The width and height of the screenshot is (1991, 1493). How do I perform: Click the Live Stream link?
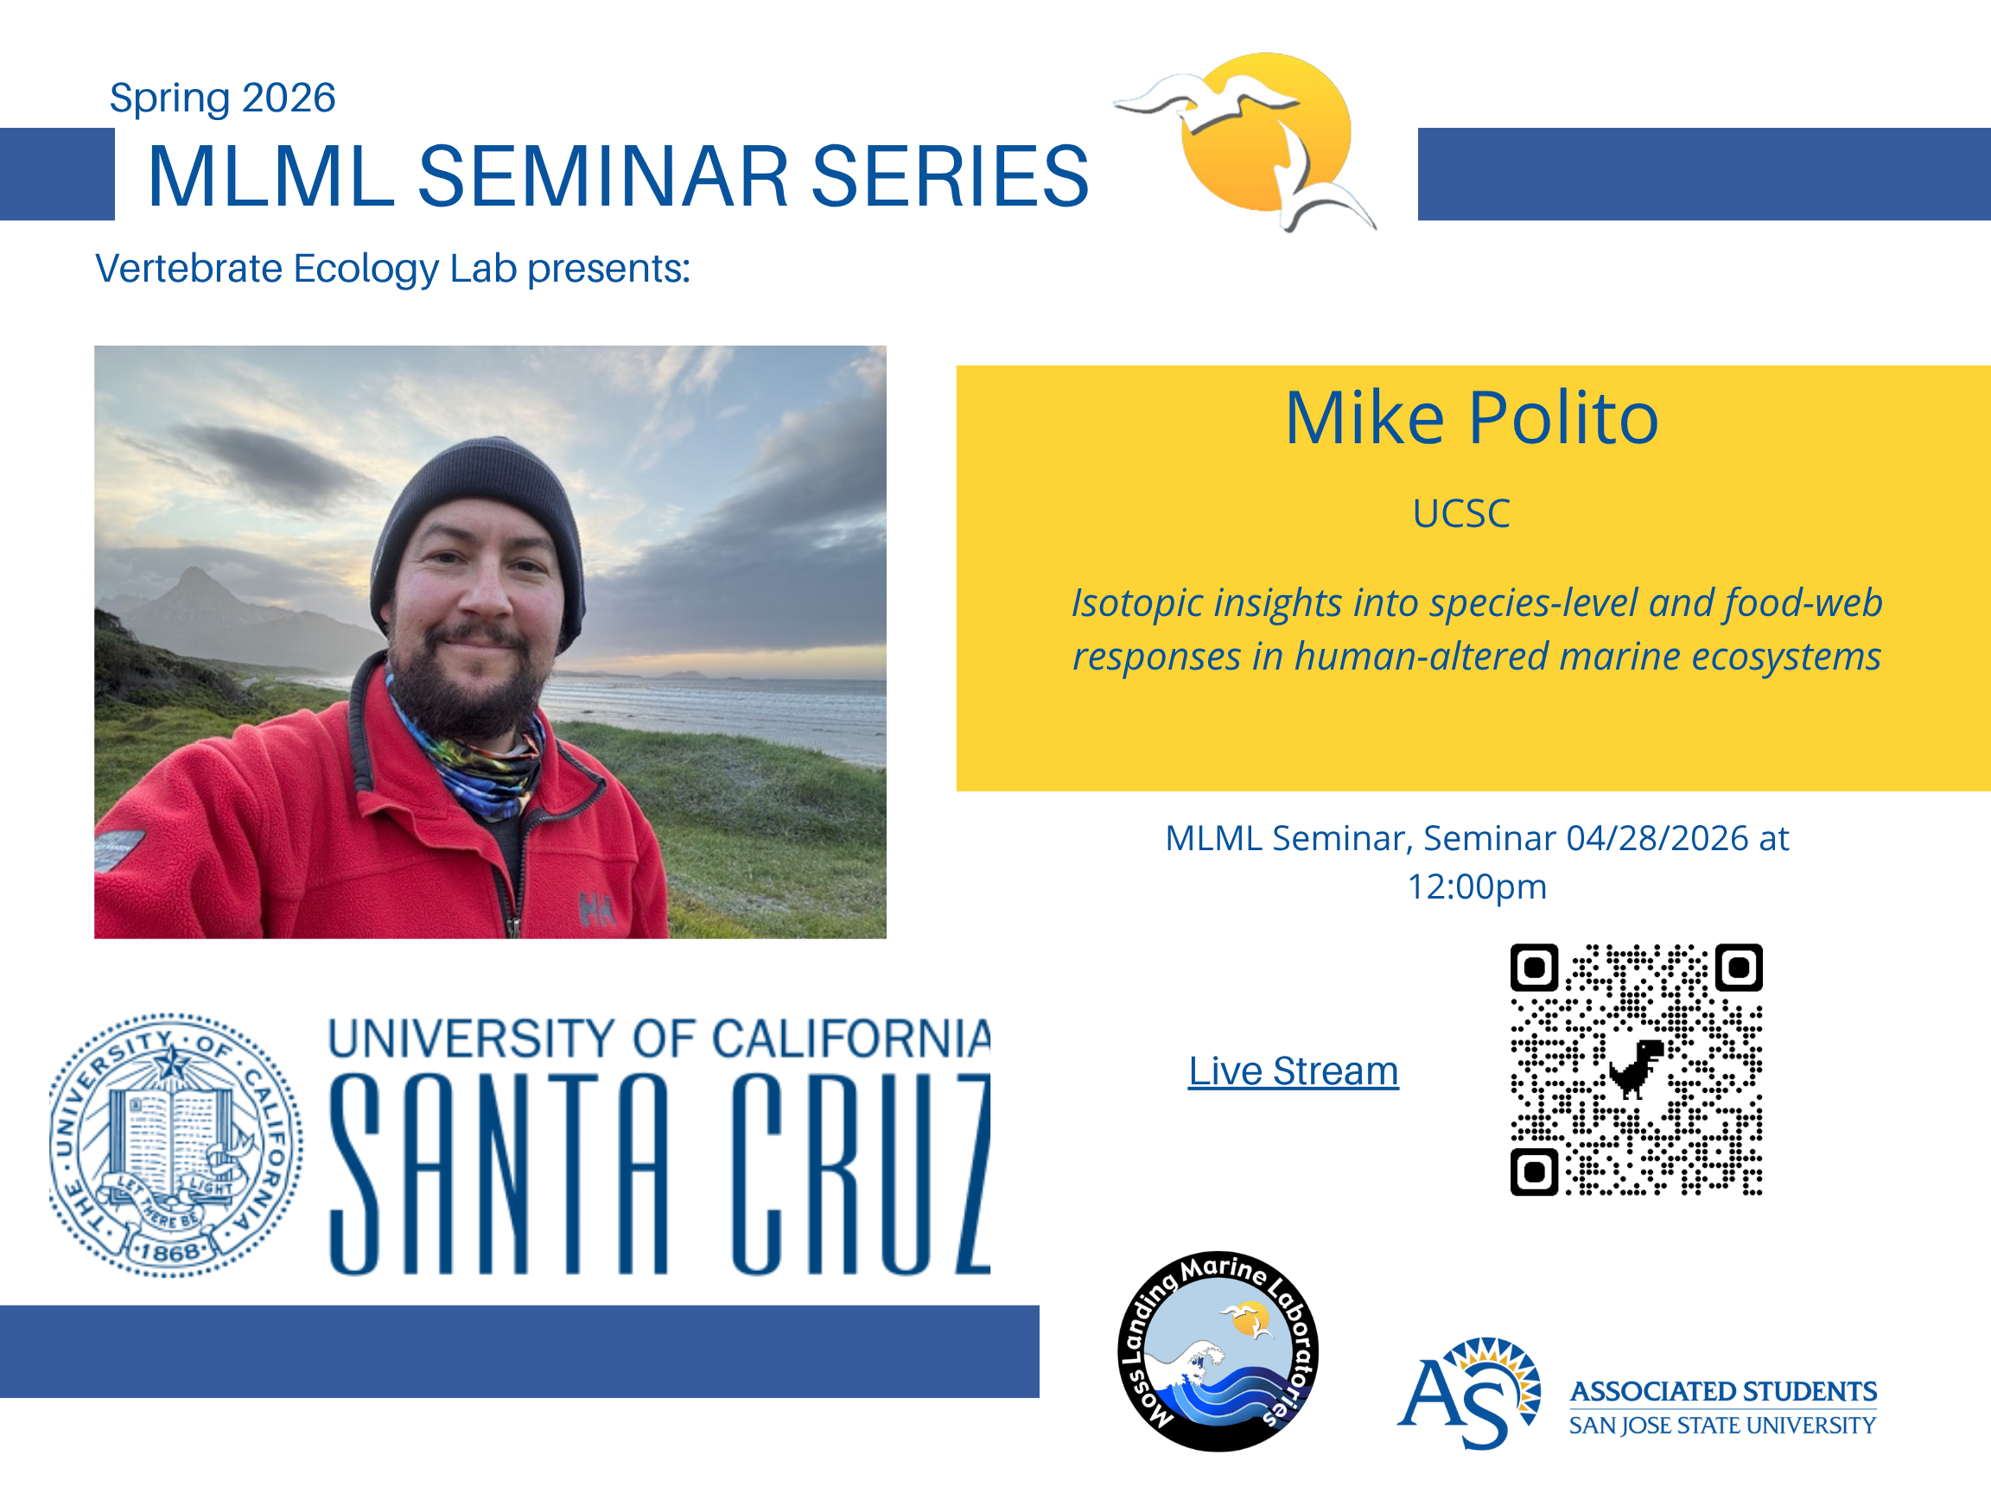tap(1293, 1071)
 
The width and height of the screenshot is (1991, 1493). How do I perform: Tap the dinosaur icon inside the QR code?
tap(1637, 1069)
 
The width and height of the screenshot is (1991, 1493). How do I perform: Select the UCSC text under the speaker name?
tap(1461, 514)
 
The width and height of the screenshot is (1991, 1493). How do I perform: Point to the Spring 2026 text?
tap(222, 97)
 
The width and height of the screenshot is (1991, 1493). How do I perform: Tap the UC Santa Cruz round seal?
tap(175, 1144)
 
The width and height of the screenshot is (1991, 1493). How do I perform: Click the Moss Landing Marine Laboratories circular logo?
tap(1218, 1350)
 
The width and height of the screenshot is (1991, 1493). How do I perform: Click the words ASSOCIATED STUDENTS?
tap(1723, 1391)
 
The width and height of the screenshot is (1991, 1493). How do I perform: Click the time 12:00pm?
tap(1477, 886)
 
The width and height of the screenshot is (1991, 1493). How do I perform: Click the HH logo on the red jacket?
tap(598, 911)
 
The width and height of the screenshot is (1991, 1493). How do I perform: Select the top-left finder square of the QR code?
tap(1534, 968)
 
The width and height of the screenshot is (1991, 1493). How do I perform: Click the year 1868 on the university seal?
tap(170, 1252)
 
